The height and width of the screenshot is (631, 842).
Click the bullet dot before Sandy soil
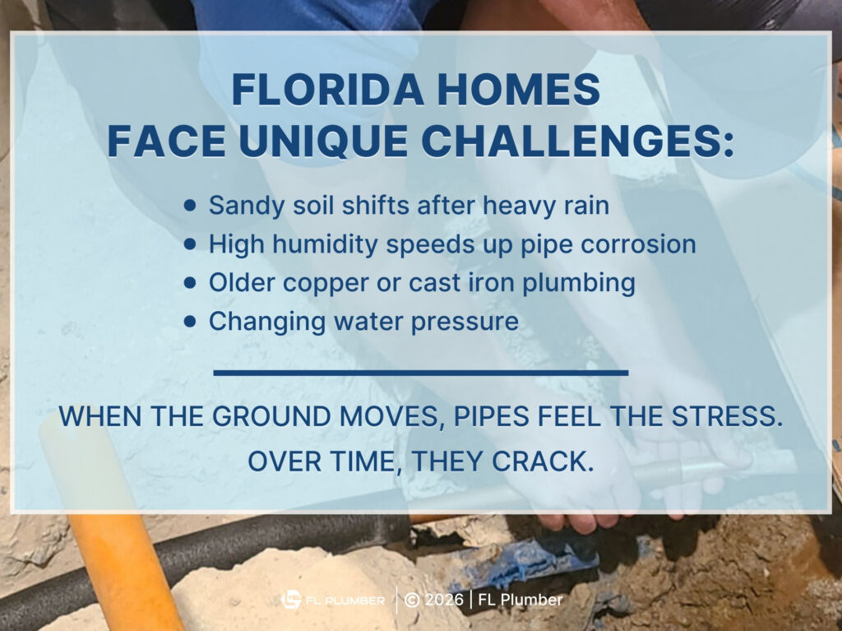(x=191, y=206)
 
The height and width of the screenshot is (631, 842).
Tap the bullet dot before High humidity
(x=191, y=244)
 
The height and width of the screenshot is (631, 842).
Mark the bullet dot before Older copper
(x=191, y=283)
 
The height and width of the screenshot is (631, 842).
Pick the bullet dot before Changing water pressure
(x=191, y=322)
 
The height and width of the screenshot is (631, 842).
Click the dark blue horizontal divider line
(x=420, y=373)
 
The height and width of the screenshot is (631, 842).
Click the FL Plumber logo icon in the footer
(x=292, y=601)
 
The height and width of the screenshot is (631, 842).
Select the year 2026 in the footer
(x=445, y=601)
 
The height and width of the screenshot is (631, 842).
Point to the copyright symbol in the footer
(x=412, y=601)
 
